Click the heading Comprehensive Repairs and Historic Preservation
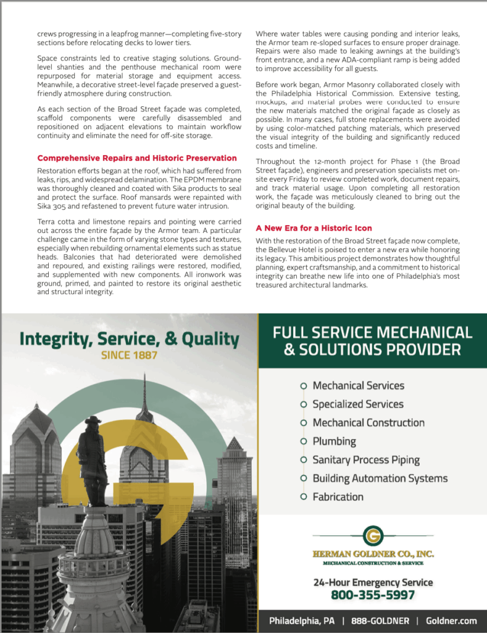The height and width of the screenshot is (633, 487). click(137, 158)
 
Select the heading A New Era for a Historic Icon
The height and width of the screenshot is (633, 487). click(314, 228)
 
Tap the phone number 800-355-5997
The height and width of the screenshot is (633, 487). click(373, 595)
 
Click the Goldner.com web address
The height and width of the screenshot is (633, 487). click(451, 621)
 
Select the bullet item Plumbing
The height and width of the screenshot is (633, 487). click(334, 441)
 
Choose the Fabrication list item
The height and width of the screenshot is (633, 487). click(338, 497)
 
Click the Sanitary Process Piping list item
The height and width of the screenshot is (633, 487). click(366, 460)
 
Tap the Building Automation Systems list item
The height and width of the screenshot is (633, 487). click(380, 478)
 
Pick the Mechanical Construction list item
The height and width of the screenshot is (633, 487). click(368, 423)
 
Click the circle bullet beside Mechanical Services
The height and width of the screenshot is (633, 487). click(304, 386)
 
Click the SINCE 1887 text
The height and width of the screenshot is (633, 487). click(129, 355)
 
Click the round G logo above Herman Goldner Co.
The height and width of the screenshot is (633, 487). click(373, 535)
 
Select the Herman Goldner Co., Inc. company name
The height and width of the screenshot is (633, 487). click(373, 554)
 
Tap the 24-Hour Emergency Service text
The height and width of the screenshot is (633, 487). click(373, 582)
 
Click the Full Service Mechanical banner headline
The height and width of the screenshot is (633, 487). click(372, 341)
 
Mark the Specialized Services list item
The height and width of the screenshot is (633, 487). click(358, 404)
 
